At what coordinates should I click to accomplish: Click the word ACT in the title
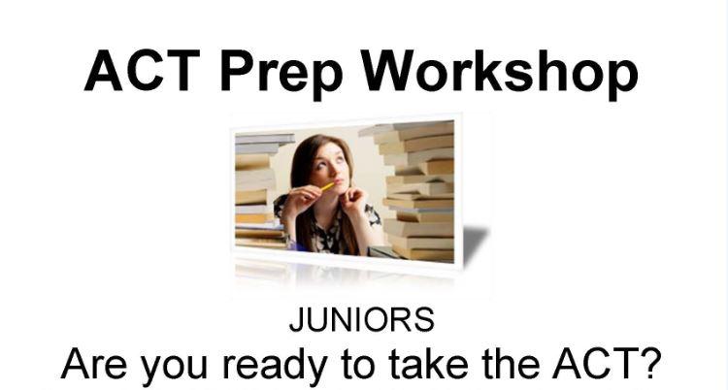142,70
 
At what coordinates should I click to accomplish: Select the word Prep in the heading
281,76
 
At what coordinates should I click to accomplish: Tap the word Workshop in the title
500,75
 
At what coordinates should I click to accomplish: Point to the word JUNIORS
362,319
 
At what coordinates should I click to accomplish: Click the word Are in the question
94,364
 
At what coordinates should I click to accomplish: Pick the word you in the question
174,369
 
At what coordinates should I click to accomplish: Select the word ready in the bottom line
274,367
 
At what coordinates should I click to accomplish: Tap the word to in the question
357,365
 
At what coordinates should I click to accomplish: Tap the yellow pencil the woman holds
327,186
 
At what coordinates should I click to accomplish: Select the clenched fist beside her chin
353,198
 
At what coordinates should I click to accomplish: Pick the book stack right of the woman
414,190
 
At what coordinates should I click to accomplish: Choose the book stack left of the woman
260,191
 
